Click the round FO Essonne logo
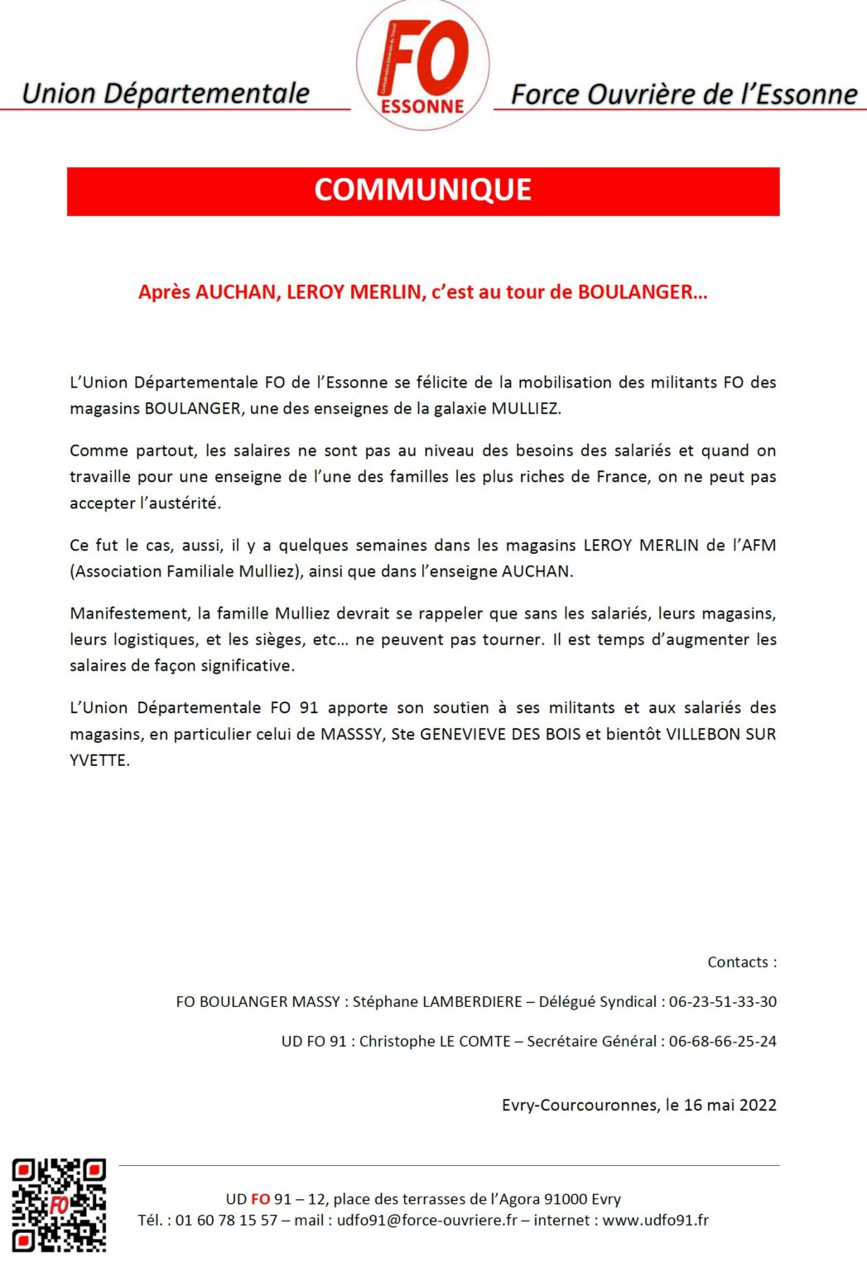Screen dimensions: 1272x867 pyautogui.click(x=422, y=66)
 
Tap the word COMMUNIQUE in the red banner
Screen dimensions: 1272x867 pyautogui.click(x=422, y=190)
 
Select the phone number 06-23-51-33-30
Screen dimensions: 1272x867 pyautogui.click(x=722, y=1001)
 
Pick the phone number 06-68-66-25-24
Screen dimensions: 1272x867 pyautogui.click(x=722, y=1041)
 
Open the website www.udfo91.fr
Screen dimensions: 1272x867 pyautogui.click(x=655, y=1220)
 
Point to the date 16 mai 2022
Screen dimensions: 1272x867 pyautogui.click(x=730, y=1105)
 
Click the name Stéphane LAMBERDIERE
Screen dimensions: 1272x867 pyautogui.click(x=437, y=1001)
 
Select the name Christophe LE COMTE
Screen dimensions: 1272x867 pyautogui.click(x=435, y=1041)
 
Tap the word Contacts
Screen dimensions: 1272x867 pyautogui.click(x=738, y=962)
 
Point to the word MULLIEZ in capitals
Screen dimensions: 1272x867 pyautogui.click(x=526, y=408)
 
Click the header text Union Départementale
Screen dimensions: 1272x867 pyautogui.click(x=166, y=94)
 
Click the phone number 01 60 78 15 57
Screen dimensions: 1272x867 pyautogui.click(x=226, y=1220)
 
